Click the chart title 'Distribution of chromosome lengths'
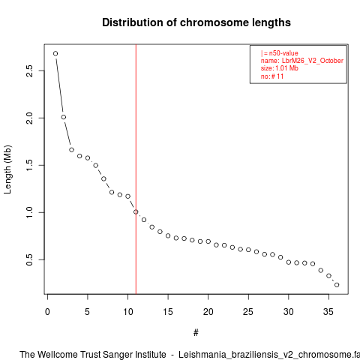coord(196,22)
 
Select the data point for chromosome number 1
coord(55,53)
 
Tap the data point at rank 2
coord(64,117)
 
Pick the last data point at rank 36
coord(337,285)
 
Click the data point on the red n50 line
coord(136,211)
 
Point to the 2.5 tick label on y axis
coord(29,70)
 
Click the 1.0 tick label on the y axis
coord(29,212)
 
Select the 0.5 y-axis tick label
coord(29,259)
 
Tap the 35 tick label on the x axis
coord(328,312)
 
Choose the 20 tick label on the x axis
coord(208,312)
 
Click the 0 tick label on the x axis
coord(47,312)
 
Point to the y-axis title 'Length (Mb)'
coord(7,169)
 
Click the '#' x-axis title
coord(196,333)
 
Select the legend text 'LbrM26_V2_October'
coord(313,61)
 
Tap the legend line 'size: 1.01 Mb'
coord(280,68)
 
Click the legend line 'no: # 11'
coord(272,76)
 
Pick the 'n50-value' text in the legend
coord(283,53)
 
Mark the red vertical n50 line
coord(136,169)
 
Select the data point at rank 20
coord(208,241)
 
